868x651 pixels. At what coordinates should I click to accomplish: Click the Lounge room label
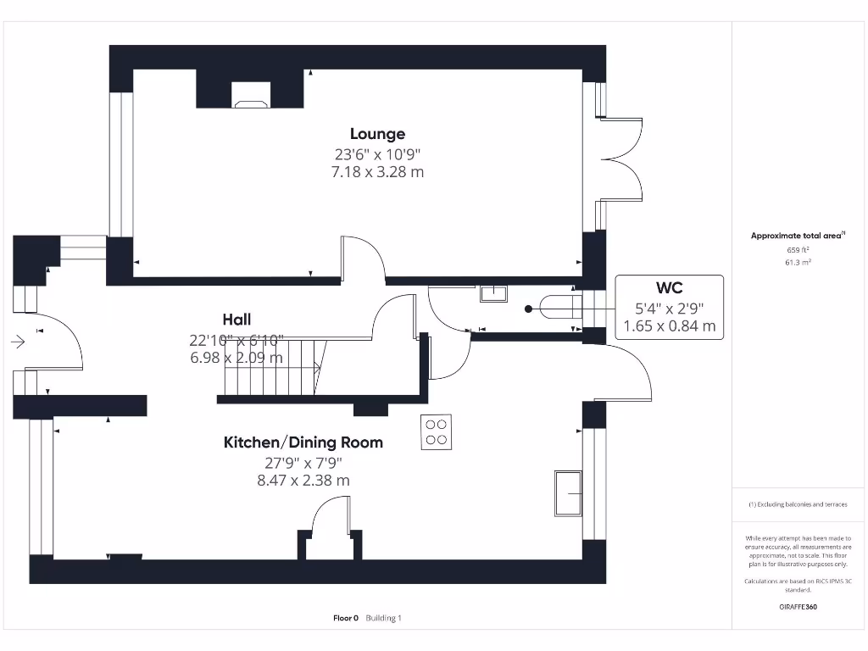(x=377, y=134)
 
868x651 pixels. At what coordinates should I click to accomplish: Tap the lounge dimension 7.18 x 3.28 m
(x=377, y=172)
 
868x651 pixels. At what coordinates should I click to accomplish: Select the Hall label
(x=236, y=320)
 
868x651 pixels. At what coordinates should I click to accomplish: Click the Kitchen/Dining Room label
(x=303, y=442)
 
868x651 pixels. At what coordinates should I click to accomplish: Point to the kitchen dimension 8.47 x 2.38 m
(x=303, y=481)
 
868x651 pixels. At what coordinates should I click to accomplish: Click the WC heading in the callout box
(x=669, y=288)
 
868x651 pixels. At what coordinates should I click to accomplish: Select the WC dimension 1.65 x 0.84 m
(x=669, y=325)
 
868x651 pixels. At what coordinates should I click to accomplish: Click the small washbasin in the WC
(x=492, y=293)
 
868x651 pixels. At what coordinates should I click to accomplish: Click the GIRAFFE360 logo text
(x=798, y=607)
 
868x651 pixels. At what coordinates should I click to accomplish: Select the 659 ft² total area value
(x=798, y=250)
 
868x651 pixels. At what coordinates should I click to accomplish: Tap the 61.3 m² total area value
(x=798, y=263)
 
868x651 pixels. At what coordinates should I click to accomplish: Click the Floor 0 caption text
(x=346, y=618)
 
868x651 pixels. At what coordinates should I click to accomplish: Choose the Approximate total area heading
(x=798, y=236)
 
